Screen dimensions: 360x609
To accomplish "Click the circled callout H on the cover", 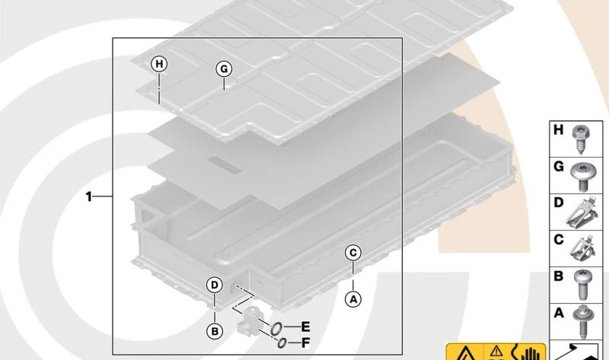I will pyautogui.click(x=158, y=64).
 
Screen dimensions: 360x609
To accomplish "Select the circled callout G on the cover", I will pyautogui.click(x=223, y=68).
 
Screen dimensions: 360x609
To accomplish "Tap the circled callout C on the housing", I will pyautogui.click(x=352, y=253).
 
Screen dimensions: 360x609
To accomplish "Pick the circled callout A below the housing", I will pyautogui.click(x=352, y=299).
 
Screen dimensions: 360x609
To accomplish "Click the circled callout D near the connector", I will pyautogui.click(x=215, y=285).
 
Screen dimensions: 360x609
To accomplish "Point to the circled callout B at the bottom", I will pyautogui.click(x=215, y=330).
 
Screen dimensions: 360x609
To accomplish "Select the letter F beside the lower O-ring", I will pyautogui.click(x=306, y=342).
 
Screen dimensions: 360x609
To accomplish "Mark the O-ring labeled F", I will pyautogui.click(x=282, y=342).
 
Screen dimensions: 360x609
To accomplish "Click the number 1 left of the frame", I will pyautogui.click(x=89, y=197).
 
